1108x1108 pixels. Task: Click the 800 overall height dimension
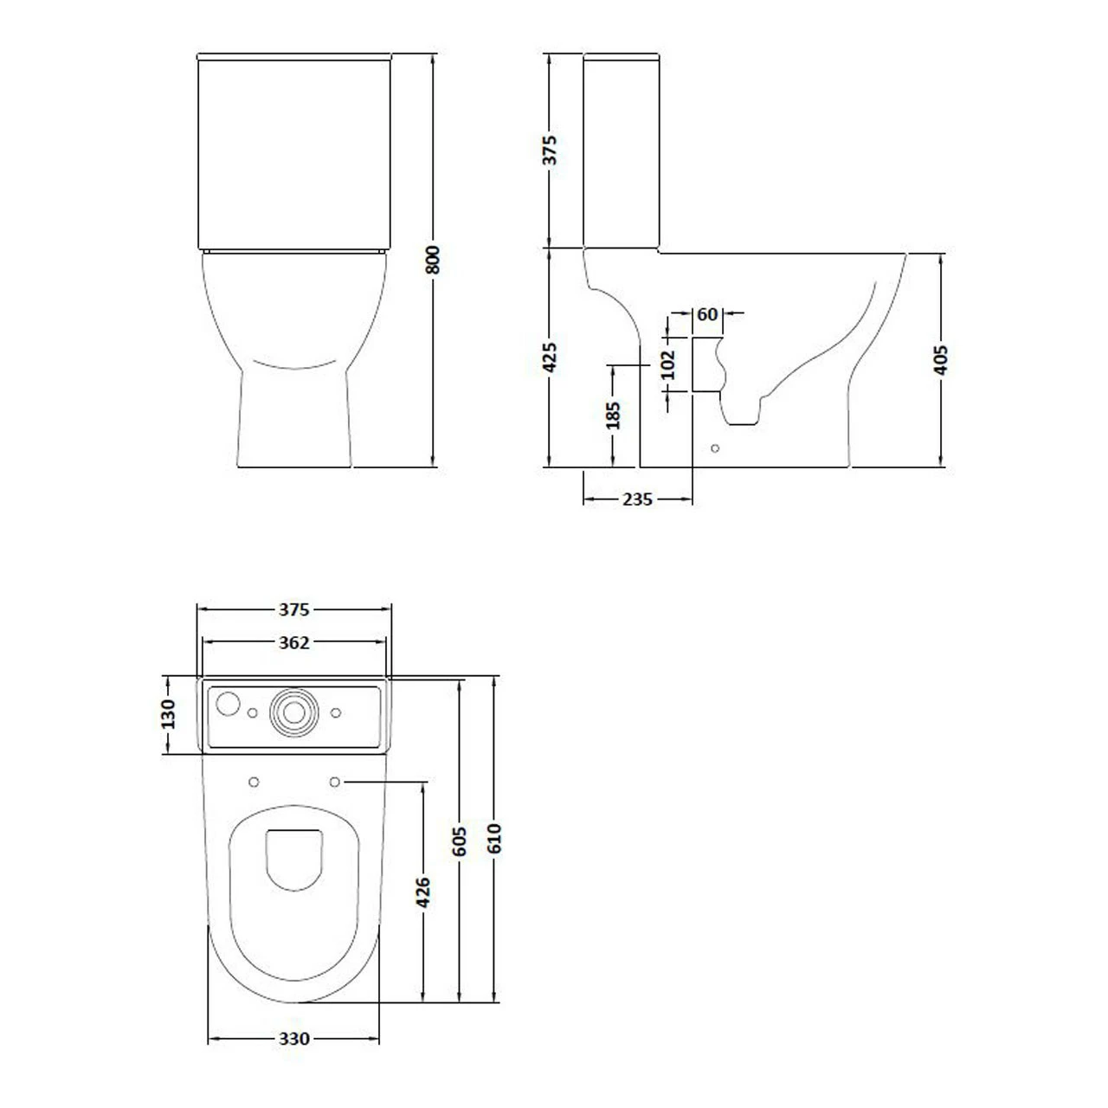point(434,260)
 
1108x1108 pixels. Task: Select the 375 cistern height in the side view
point(550,150)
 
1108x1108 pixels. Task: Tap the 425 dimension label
point(550,358)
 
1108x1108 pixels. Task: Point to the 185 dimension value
point(613,415)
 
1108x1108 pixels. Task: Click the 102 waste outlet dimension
point(668,364)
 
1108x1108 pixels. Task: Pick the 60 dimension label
point(707,314)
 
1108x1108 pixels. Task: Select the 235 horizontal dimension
point(637,499)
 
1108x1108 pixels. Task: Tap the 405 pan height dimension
point(942,359)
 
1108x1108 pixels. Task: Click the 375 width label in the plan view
point(293,610)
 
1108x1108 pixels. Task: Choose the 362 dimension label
point(293,642)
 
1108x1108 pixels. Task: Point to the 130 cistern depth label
point(169,714)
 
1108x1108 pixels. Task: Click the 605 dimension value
point(460,841)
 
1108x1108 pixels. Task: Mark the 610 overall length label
point(493,839)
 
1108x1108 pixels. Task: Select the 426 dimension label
point(423,892)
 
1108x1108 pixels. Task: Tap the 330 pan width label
point(294,1039)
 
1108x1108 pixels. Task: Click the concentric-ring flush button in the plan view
point(293,712)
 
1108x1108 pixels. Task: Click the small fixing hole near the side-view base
point(714,448)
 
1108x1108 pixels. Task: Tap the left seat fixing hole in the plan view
point(254,783)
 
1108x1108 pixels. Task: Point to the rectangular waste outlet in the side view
point(706,365)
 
